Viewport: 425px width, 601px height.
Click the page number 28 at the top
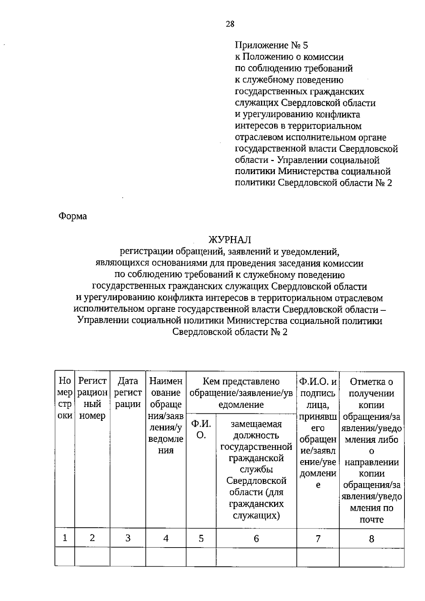pos(230,24)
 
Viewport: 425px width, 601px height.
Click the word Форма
pos(72,216)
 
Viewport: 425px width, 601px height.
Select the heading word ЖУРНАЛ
pos(229,240)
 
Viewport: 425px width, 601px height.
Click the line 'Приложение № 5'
pos(272,45)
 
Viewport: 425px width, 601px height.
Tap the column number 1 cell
pos(65,538)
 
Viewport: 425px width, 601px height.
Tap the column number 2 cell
pos(92,538)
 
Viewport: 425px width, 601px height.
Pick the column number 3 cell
pos(128,538)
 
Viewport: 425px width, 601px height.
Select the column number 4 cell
pos(166,538)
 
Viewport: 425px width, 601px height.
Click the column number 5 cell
pos(201,538)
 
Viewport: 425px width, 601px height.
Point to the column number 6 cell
pos(256,538)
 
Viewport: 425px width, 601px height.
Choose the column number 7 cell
pos(318,538)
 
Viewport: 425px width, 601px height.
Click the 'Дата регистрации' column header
pos(128,393)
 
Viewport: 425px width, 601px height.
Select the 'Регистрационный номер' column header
pos(92,398)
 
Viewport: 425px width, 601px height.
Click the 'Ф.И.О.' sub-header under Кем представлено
pos(201,429)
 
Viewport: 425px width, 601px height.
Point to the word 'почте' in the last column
pos(372,520)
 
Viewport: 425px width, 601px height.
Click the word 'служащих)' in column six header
pos(256,515)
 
